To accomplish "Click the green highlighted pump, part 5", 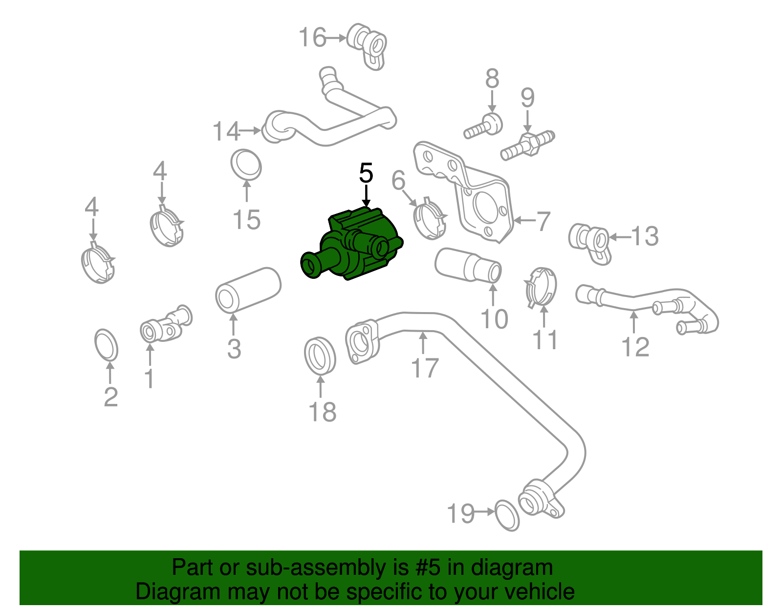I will pos(357,244).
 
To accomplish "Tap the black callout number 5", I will pos(366,174).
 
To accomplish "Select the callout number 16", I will pos(312,38).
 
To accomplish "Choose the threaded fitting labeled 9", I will pos(527,144).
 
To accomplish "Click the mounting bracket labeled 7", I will pos(469,195).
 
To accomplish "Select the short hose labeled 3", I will pos(248,289).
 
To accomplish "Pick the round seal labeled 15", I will pos(246,165).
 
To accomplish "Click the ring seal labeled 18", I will pos(320,355).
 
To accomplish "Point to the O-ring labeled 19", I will pos(507,515).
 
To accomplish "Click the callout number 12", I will pos(635,347).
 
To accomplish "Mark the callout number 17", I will pos(425,368).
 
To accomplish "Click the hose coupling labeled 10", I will pos(468,265).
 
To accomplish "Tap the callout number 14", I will pos(226,131).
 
